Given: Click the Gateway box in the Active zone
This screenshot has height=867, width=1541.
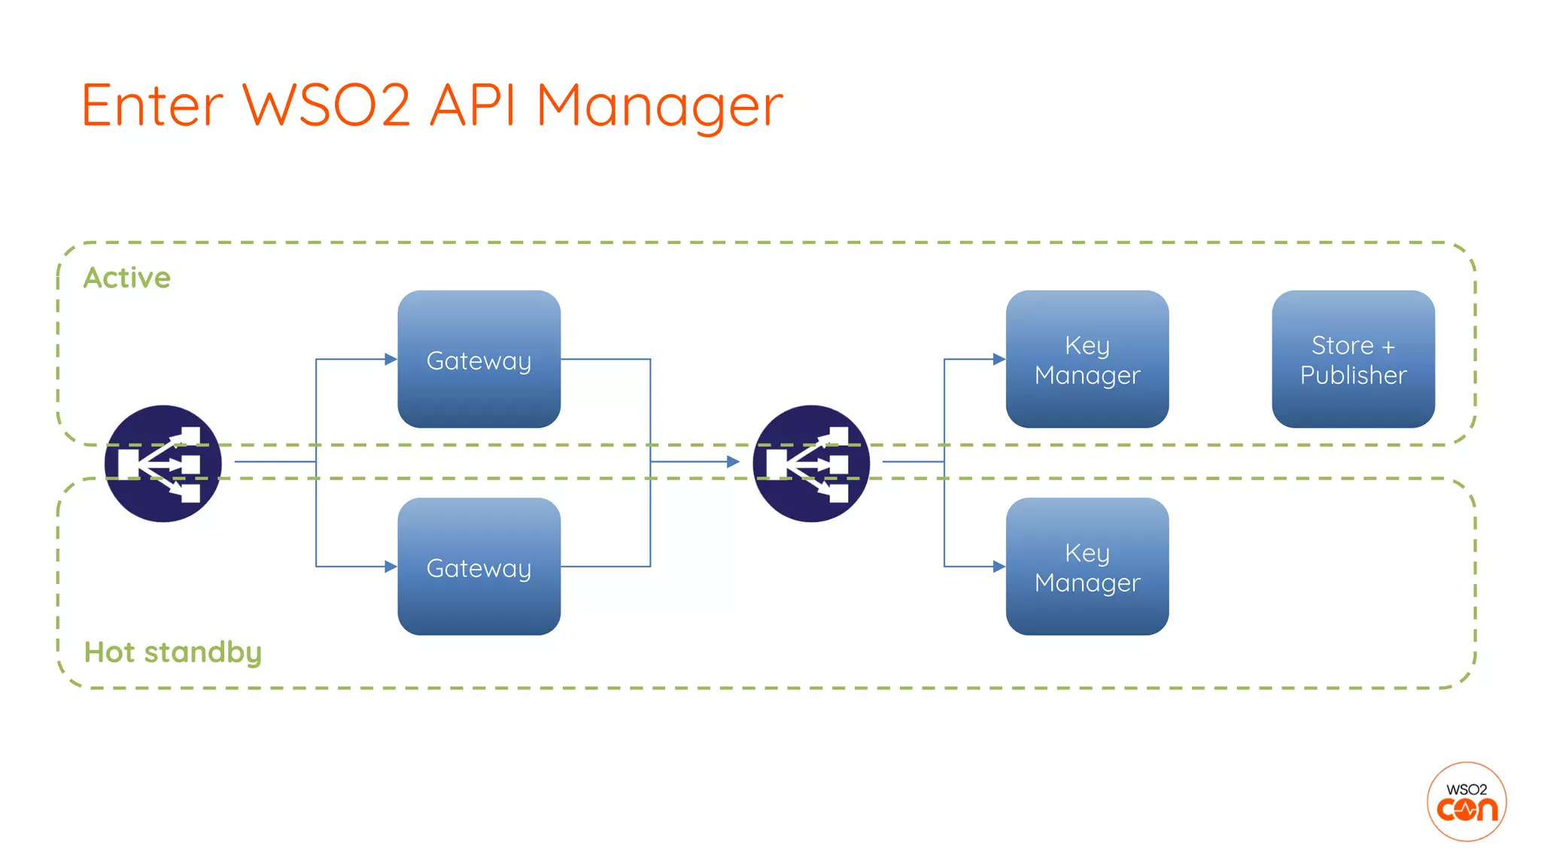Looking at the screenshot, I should click(479, 360).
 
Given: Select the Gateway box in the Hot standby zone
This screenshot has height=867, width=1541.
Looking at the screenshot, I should click(479, 567).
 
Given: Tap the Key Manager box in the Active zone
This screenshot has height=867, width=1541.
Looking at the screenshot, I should click(1087, 360).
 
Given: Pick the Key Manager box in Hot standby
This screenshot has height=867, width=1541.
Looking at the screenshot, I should click(1087, 567).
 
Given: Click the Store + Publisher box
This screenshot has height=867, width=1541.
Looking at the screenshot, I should click(1353, 360).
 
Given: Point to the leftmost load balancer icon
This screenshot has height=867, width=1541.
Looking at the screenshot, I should click(163, 464).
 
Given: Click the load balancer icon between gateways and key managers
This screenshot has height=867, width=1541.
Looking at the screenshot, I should click(811, 464).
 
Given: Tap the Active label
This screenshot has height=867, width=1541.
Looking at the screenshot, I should click(127, 278).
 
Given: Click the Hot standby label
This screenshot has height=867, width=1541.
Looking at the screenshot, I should click(172, 652).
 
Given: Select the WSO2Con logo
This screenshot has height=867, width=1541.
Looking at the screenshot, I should click(1467, 802).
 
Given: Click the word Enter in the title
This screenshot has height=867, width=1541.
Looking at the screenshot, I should click(152, 105).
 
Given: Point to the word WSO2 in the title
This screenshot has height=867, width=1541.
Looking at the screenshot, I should click(327, 105).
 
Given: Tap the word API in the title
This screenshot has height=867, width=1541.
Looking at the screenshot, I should click(473, 105).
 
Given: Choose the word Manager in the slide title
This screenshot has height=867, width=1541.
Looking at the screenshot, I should click(659, 105).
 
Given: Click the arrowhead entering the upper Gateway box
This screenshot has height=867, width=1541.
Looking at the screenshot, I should click(391, 360).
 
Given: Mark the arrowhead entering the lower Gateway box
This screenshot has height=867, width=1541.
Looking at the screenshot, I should click(391, 567).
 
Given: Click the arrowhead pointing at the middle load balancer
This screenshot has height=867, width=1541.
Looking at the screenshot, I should click(733, 461).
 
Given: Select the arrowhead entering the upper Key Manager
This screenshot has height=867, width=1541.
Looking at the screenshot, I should click(999, 360).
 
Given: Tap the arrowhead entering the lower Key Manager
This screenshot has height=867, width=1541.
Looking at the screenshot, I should click(999, 567).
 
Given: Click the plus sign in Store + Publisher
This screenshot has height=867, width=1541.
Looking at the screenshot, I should click(1388, 347).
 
